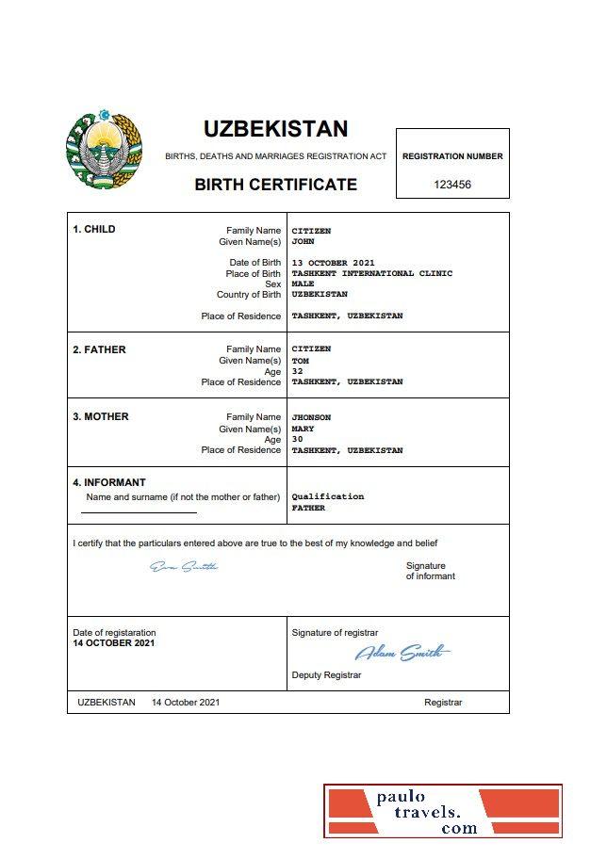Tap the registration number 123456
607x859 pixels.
coord(452,185)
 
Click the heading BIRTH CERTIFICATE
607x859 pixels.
coord(275,185)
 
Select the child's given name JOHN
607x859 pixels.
coord(303,241)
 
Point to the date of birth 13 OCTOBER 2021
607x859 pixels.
coord(334,263)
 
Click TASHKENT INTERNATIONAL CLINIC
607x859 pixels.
coord(372,273)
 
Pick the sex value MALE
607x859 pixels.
coord(303,284)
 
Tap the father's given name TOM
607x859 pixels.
coord(301,360)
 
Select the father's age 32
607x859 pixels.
coord(298,371)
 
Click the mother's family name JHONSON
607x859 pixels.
coord(312,417)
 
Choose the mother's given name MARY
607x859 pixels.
coord(303,429)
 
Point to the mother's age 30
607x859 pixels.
coord(298,440)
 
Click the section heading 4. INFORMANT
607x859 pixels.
coord(109,483)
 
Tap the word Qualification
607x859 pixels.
coord(328,496)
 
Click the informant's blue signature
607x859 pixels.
coord(184,566)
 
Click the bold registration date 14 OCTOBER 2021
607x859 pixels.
coord(114,643)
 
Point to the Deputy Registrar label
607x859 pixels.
coord(326,675)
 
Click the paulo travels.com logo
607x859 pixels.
coord(443,811)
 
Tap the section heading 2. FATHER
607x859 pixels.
coord(99,349)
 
